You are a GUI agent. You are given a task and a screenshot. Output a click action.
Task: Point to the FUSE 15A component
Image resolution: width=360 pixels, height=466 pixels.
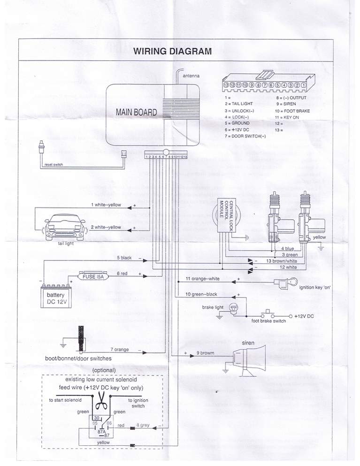click(93, 277)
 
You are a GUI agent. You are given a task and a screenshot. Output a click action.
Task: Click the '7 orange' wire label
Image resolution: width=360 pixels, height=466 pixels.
click(120, 350)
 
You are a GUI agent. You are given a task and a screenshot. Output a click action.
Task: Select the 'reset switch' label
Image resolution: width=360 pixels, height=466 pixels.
click(54, 165)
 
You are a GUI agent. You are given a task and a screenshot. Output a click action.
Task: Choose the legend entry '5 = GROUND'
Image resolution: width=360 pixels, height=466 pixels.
click(237, 123)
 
